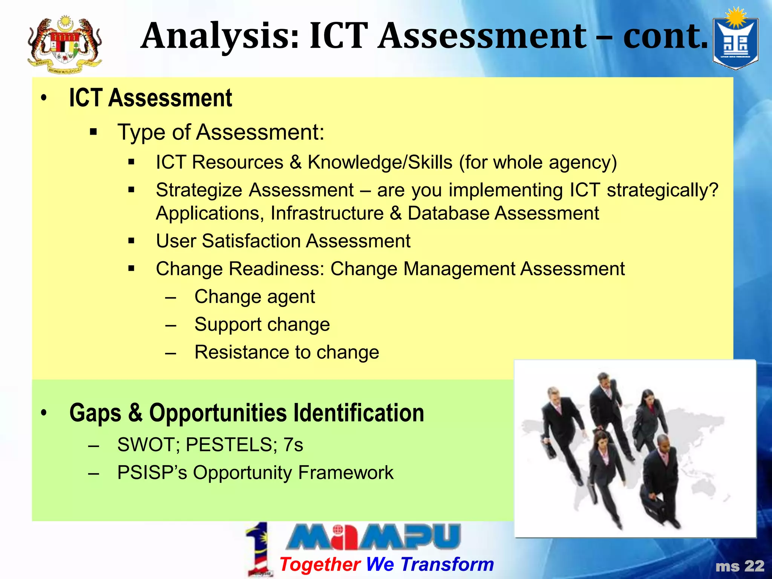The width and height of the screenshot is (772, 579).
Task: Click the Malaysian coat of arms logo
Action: click(x=65, y=44)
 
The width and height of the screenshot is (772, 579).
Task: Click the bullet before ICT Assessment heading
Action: click(x=44, y=98)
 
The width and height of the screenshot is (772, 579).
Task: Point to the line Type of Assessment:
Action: click(x=221, y=132)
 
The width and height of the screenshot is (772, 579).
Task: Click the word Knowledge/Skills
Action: click(x=380, y=162)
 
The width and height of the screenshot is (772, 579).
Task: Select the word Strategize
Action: click(x=198, y=190)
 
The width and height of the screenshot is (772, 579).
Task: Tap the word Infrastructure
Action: click(x=327, y=213)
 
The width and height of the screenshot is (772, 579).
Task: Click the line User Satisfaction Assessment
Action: click(x=283, y=241)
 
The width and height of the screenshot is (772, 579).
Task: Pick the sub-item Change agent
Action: click(x=254, y=297)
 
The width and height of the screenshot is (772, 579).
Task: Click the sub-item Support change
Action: click(x=262, y=325)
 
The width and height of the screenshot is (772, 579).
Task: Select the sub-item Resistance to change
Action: click(x=286, y=352)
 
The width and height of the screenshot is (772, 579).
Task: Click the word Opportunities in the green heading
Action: click(x=218, y=413)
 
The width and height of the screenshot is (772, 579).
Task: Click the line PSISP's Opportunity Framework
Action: click(x=255, y=473)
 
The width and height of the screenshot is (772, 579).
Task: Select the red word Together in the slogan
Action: click(x=320, y=564)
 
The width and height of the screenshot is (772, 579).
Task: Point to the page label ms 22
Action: click(x=740, y=566)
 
